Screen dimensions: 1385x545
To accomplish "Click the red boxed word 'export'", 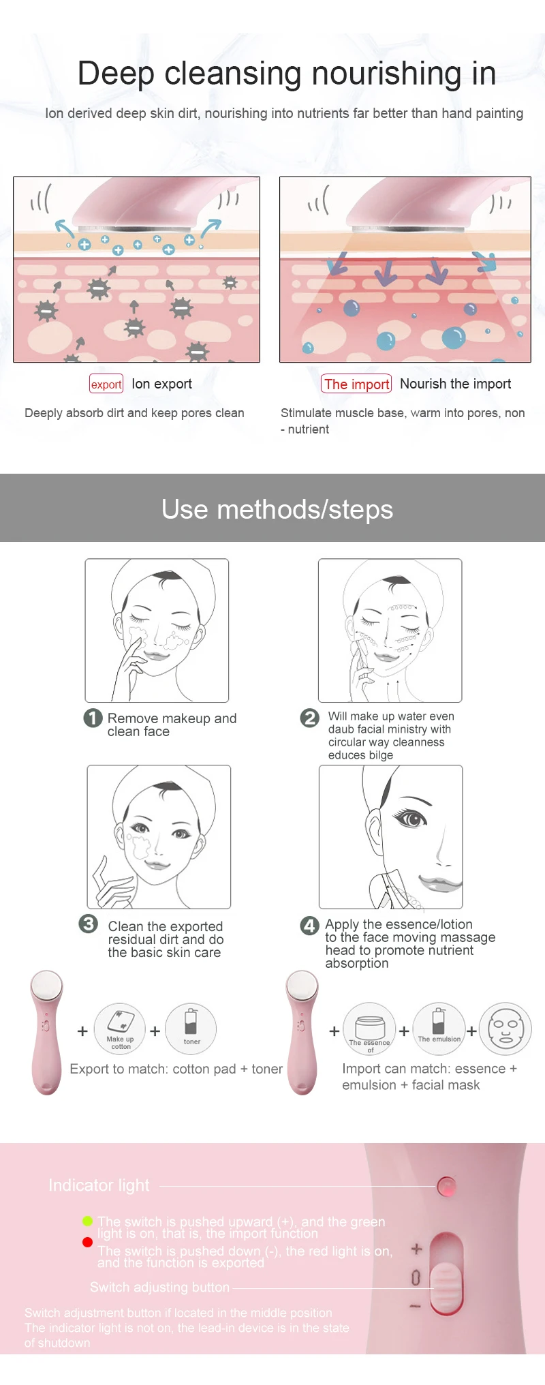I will pos(106,384).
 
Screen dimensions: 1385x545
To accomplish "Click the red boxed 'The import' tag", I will pos(356,384).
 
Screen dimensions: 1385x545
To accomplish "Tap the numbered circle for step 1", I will pos(93,718).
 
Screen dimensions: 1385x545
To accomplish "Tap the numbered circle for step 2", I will pos(309,718).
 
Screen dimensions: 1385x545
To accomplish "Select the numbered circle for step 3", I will pos(89,924).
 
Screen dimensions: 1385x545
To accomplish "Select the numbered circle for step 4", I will pos(309,925).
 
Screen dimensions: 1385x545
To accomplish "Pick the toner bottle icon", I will pos(191,1028).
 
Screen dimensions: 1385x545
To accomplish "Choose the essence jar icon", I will pos(370,1028).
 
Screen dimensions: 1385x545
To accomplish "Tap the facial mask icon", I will pos(505,1029).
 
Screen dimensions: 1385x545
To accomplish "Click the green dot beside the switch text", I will pos(87,1221).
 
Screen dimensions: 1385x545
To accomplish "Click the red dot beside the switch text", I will pos(87,1242).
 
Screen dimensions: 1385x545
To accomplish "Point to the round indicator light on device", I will pos(447,1187).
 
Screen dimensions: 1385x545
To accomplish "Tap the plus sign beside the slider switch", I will pos(417,1249).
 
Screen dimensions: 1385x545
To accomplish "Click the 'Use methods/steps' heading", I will pos(277,510).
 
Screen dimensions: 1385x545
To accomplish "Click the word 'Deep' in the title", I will pos(116,74).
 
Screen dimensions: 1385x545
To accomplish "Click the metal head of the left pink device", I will pos(46,986).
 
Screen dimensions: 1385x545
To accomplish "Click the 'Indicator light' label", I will pos(99,1185).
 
